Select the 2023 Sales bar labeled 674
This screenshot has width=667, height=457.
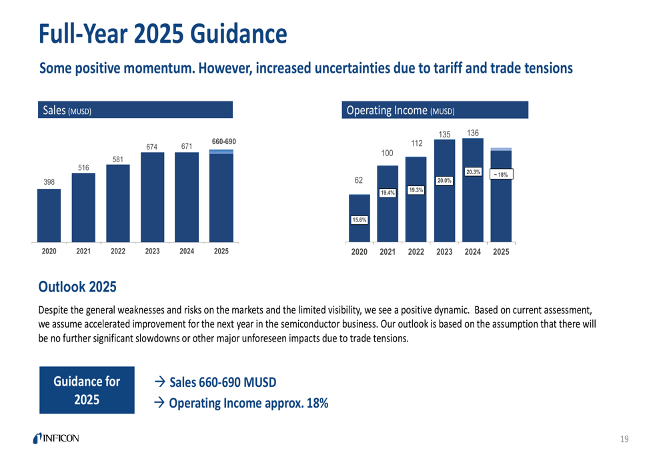tap(152, 197)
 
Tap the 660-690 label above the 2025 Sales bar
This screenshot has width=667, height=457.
tap(224, 141)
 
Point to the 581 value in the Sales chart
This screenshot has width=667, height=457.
tap(118, 159)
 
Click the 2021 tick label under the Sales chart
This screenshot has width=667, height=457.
tap(83, 252)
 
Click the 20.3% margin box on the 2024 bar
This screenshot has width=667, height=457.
tap(473, 172)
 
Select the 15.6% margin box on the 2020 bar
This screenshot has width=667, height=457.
tap(360, 220)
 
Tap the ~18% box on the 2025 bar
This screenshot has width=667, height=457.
tap(501, 175)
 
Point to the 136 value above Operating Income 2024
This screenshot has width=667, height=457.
tap(473, 134)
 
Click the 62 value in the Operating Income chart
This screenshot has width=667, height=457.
tap(360, 181)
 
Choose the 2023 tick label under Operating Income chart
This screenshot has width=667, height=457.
tap(444, 252)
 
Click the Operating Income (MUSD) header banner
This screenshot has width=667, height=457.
tap(434, 110)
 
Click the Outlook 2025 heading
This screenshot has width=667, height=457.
tap(77, 288)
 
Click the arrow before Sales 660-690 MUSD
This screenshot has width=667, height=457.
tap(160, 383)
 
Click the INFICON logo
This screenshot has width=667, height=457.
tap(55, 438)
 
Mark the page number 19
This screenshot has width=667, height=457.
tap(624, 438)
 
